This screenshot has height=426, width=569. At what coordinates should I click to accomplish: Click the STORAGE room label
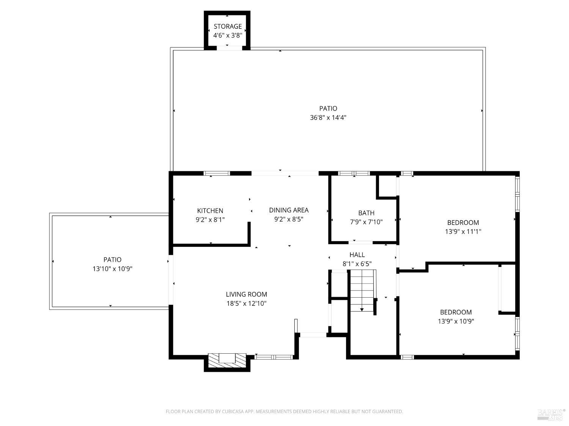tap(228, 26)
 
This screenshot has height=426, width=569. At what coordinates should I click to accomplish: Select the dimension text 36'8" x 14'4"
tap(328, 117)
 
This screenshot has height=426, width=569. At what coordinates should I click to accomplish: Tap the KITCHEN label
tap(210, 211)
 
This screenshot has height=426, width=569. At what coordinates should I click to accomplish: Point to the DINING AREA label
tap(289, 210)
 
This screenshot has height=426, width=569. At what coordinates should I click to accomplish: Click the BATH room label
tap(366, 213)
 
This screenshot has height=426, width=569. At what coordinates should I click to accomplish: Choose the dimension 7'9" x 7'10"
tap(366, 222)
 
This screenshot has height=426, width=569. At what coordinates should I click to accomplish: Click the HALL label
tap(357, 255)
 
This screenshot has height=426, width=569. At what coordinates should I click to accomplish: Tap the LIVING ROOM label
tap(246, 294)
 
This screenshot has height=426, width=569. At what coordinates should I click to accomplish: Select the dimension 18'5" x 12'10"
tap(246, 303)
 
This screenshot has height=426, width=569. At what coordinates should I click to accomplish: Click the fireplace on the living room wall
tap(227, 359)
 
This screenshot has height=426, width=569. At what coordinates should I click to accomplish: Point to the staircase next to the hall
tap(362, 290)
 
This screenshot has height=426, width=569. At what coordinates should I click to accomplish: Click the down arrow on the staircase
tap(362, 309)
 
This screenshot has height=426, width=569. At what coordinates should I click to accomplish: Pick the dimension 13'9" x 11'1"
tap(463, 231)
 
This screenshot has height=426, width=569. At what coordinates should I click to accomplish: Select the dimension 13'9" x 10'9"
tap(456, 321)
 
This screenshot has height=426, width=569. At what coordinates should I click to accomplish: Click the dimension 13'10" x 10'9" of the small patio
tap(112, 269)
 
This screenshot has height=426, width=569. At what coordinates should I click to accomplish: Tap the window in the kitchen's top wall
tap(217, 173)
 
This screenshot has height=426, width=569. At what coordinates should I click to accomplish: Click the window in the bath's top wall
tap(354, 173)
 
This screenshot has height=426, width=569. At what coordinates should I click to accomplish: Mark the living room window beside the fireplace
tap(273, 357)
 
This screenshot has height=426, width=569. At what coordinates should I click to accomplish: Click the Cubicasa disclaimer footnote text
tap(284, 412)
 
